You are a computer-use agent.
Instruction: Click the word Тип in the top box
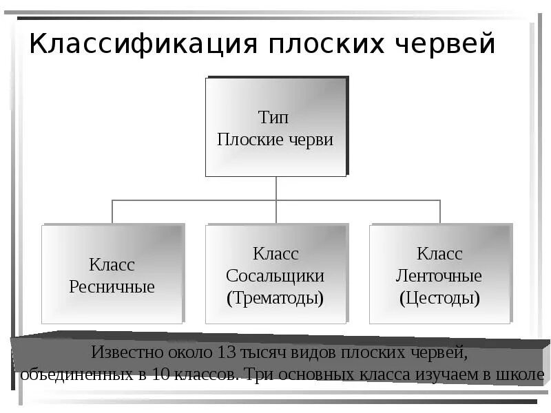pos(275,117)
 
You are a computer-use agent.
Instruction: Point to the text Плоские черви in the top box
pos(275,140)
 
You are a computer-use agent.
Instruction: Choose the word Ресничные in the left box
pos(112,286)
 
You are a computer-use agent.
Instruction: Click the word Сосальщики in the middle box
pos(275,276)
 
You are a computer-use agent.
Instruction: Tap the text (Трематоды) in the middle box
pos(275,298)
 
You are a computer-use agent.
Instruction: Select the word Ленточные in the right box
pos(439,276)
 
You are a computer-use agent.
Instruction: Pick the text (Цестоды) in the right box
pos(439,298)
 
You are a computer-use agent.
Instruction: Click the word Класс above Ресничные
pos(112,264)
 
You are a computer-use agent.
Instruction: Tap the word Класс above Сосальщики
pos(275,254)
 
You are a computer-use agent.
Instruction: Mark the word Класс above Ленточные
pos(439,254)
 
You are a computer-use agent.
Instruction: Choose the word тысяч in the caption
pos(262,354)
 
